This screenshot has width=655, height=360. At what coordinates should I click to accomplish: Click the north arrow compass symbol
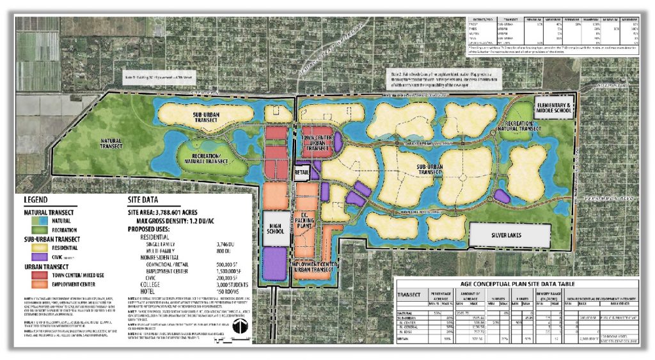coord(237,327)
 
